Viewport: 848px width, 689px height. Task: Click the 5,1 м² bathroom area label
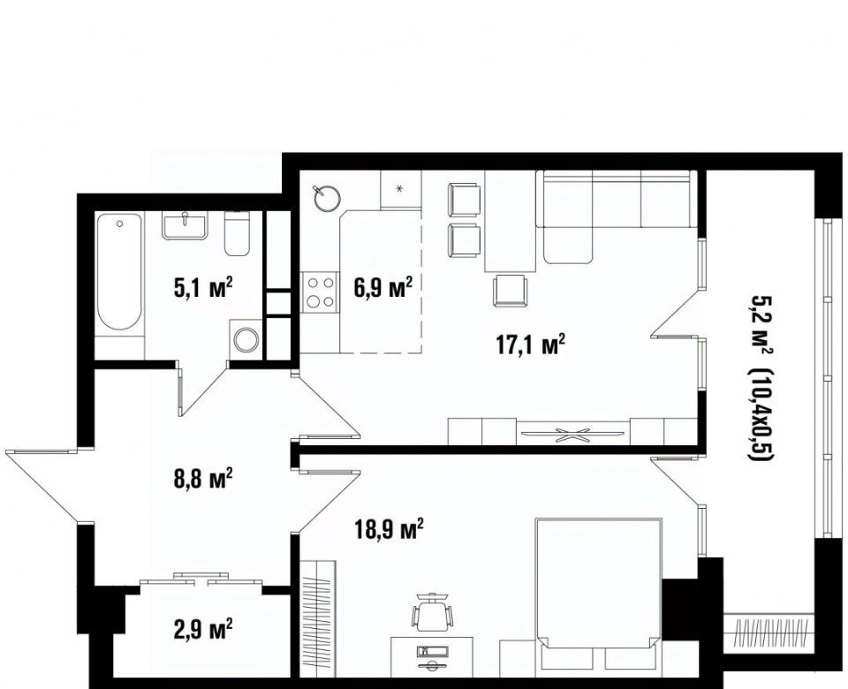[203, 287]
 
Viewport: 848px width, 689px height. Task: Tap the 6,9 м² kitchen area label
[383, 287]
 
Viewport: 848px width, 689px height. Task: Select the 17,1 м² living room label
[531, 344]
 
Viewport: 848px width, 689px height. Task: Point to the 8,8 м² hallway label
[203, 478]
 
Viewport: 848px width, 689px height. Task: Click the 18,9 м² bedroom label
[389, 529]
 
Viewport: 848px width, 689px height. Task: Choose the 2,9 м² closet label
[203, 629]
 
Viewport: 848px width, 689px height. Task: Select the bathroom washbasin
[184, 225]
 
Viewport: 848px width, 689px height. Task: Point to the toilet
[237, 233]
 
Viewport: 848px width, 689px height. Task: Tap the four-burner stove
[320, 292]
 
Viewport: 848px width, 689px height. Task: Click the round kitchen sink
[326, 198]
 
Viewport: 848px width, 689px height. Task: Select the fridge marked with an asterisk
[401, 189]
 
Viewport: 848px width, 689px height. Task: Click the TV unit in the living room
[572, 431]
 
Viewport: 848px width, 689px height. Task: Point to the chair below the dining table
[510, 291]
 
